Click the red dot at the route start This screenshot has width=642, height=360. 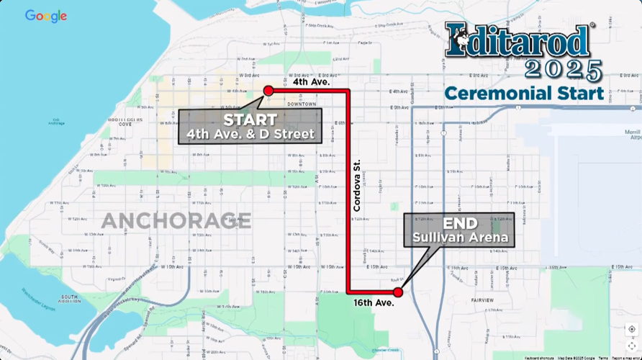pos(268,91)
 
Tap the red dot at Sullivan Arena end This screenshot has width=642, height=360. pos(398,292)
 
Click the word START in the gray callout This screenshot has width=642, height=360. pos(250,120)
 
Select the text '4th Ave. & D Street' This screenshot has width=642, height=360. pos(250,134)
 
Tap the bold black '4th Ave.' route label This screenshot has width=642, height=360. pos(312,82)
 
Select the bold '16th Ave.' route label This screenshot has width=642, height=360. pos(374,303)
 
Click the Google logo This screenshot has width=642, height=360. pos(46,16)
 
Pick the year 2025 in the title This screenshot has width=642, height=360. pos(563,71)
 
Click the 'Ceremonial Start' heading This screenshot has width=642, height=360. pos(524,93)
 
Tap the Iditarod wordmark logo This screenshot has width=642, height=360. pos(518,40)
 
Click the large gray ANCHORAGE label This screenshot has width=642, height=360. pos(176,220)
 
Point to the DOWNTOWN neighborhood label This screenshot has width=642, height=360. pos(301,104)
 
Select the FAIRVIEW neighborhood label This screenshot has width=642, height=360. pos(482,300)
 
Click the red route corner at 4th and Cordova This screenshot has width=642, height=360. pos(349,91)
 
